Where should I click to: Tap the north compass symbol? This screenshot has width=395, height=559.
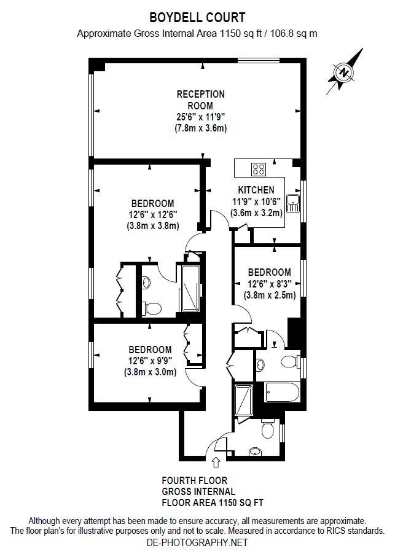[x=344, y=72]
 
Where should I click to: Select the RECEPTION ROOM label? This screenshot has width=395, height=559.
[x=200, y=100]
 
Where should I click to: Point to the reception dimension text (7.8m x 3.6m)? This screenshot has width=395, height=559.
[x=200, y=128]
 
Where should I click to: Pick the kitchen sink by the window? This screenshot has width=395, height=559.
[x=294, y=200]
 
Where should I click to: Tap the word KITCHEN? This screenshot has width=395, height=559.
[x=256, y=190]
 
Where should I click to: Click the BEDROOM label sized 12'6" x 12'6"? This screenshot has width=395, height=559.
[x=152, y=203]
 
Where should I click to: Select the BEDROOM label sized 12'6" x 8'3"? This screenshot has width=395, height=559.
[x=269, y=272]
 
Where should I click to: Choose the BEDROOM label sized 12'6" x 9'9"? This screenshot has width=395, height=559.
[x=150, y=350]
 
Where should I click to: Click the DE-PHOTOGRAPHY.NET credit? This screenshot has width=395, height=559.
[x=197, y=542]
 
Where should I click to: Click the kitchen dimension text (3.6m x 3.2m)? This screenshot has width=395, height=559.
[x=256, y=213]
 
